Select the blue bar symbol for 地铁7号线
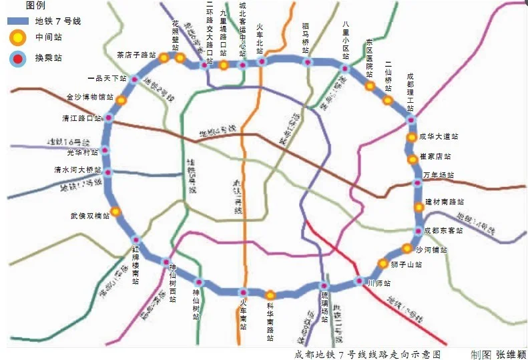tap(20, 22)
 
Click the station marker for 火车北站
tap(262, 62)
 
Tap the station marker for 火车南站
tap(244, 292)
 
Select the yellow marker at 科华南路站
tap(270, 295)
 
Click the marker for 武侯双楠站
tap(115, 212)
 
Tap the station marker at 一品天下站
tap(133, 79)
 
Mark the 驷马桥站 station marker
tap(308, 62)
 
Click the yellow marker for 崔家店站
tap(412, 158)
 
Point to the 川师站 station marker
tap(358, 281)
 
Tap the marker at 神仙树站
tap(198, 283)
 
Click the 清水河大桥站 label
tap(78, 170)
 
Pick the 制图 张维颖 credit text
tap(498, 354)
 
